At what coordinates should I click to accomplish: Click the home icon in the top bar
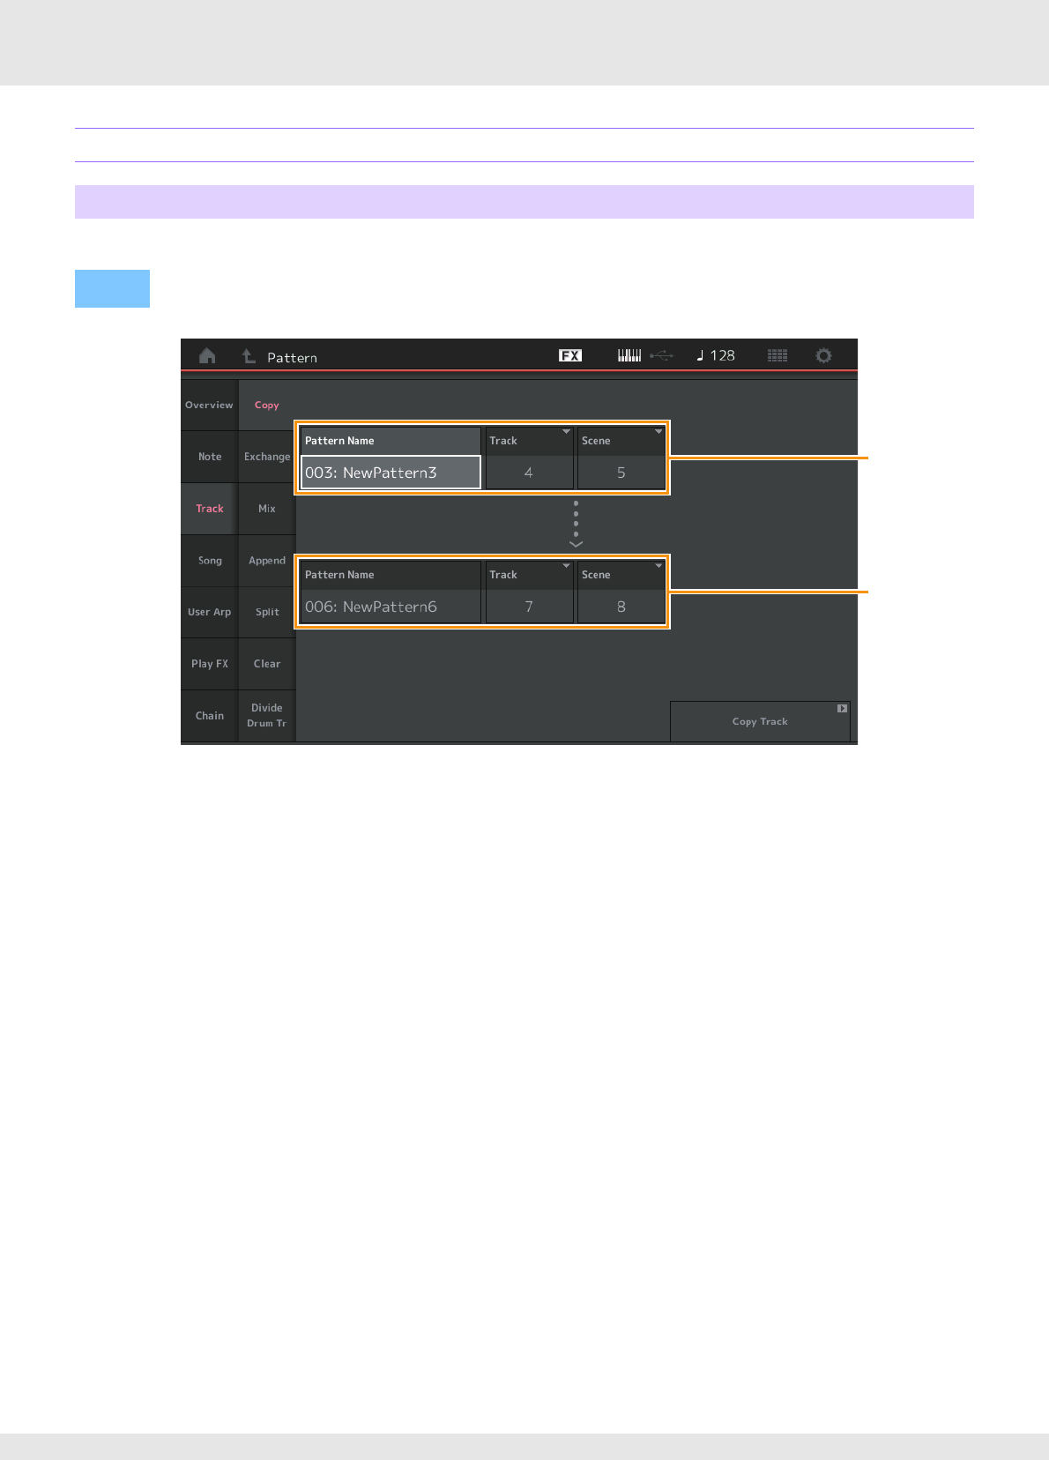click(x=207, y=356)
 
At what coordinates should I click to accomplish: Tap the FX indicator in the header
click(x=570, y=355)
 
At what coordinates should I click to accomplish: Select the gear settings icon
click(x=823, y=355)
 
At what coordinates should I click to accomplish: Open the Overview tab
click(x=209, y=406)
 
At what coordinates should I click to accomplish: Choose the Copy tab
click(x=266, y=406)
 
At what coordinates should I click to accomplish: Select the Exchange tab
click(x=266, y=457)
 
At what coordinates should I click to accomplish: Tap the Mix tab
click(x=266, y=509)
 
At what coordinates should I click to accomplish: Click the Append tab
click(x=266, y=561)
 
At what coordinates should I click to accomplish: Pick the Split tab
click(x=266, y=612)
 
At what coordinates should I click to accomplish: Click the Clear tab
click(x=266, y=664)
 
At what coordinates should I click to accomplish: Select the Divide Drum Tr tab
click(x=266, y=715)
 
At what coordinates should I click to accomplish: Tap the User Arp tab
click(x=209, y=612)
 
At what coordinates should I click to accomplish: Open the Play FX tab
click(x=209, y=664)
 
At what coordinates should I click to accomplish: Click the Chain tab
click(x=209, y=716)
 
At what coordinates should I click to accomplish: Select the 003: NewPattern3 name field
click(x=391, y=473)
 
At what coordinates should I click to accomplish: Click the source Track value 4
click(x=529, y=473)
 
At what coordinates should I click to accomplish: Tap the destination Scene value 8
click(x=621, y=607)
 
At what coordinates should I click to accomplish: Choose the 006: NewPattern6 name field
click(x=391, y=607)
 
